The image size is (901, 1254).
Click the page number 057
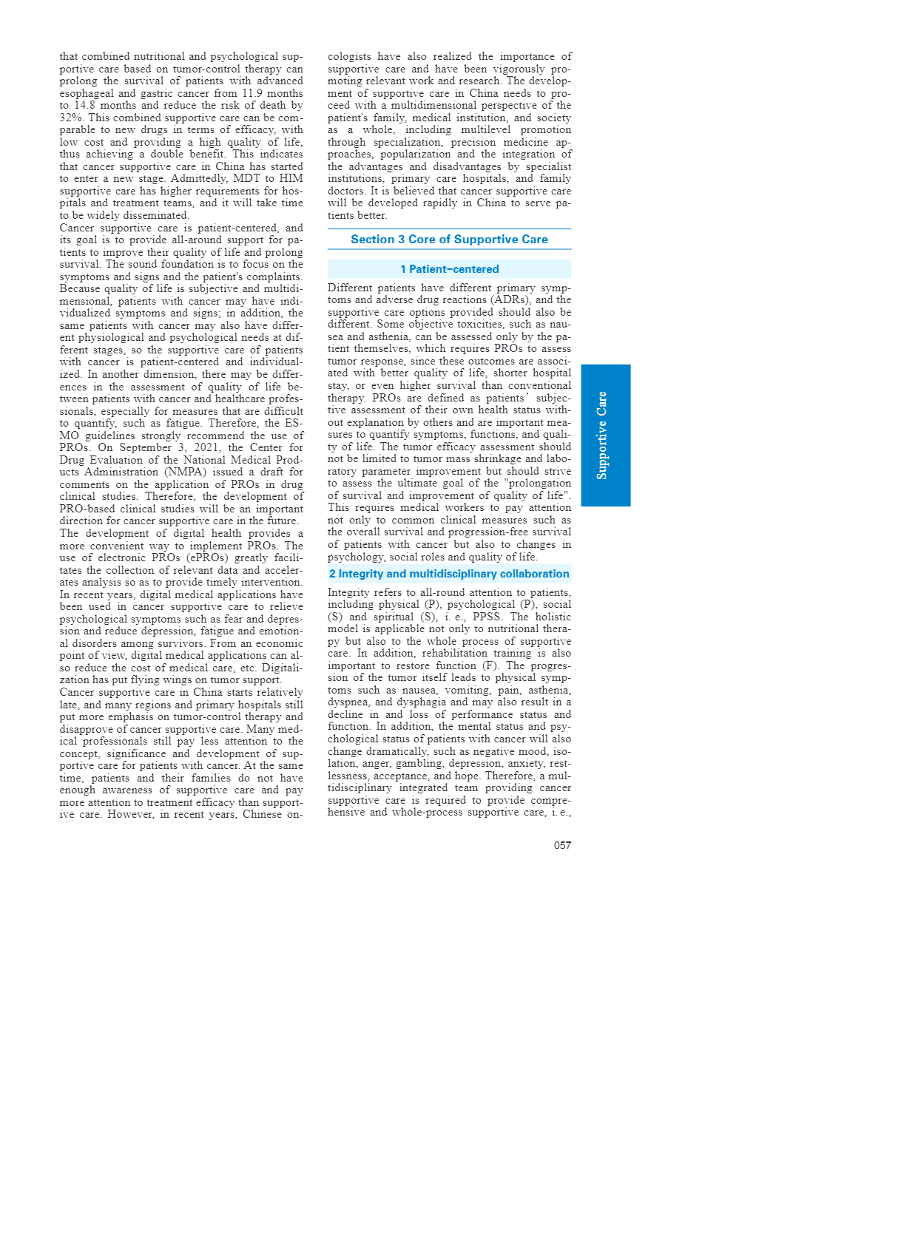click(x=562, y=845)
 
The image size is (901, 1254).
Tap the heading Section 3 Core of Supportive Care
click(x=449, y=240)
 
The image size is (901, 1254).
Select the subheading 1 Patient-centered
click(x=449, y=269)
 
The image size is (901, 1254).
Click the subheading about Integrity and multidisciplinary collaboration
click(x=449, y=574)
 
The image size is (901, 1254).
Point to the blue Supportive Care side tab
click(x=605, y=435)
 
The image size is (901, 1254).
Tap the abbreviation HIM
click(x=291, y=179)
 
